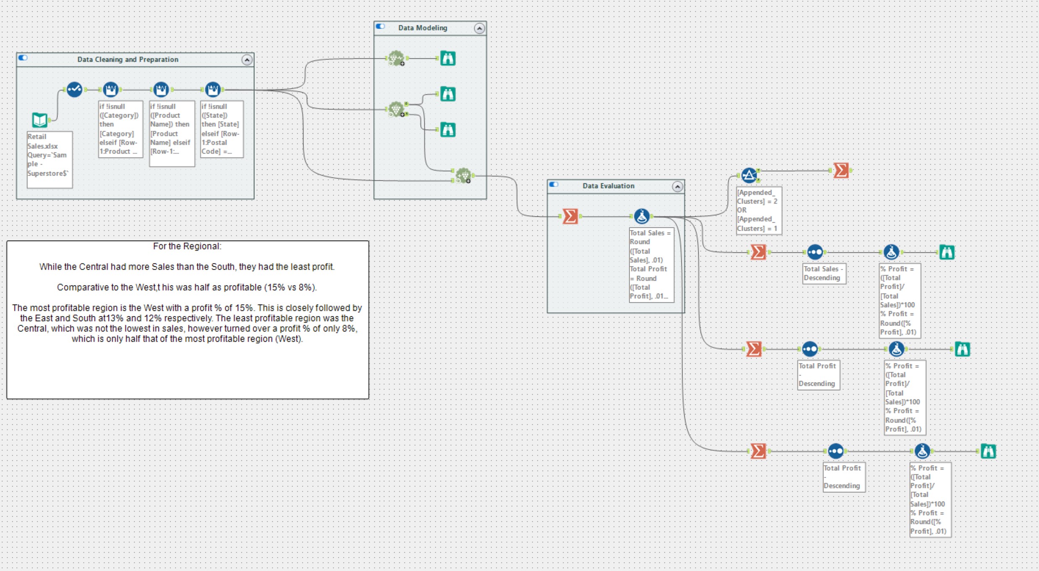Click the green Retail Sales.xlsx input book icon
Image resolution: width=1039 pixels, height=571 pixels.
[40, 120]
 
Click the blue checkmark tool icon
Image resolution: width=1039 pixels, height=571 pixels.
[74, 89]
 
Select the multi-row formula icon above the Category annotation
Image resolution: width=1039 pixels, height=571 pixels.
[110, 89]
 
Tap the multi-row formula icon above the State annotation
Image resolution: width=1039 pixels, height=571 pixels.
[213, 89]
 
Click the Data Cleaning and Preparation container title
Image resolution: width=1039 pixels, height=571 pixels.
[128, 60]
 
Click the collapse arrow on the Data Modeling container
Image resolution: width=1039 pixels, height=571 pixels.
[479, 28]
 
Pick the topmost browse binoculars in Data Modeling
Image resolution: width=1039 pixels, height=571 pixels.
[448, 58]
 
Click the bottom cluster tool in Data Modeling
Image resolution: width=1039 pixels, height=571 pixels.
[463, 175]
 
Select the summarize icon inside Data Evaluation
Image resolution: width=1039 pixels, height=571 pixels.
[570, 216]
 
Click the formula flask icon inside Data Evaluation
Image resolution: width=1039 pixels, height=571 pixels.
[642, 216]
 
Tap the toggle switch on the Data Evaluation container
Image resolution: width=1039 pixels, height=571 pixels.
[554, 185]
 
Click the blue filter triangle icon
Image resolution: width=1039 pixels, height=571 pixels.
[749, 175]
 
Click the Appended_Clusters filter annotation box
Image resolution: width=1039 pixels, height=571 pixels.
[758, 210]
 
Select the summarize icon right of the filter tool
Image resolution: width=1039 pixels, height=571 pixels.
[841, 170]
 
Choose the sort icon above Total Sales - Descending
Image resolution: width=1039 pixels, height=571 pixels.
[814, 252]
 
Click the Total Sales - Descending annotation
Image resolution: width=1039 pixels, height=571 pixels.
[823, 273]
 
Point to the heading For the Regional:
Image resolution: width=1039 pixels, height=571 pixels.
[187, 246]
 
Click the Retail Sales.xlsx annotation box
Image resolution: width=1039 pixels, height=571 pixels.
[49, 159]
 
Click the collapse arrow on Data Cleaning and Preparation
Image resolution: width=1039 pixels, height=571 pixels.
[247, 60]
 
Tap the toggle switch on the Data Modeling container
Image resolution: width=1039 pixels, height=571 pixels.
[381, 27]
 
